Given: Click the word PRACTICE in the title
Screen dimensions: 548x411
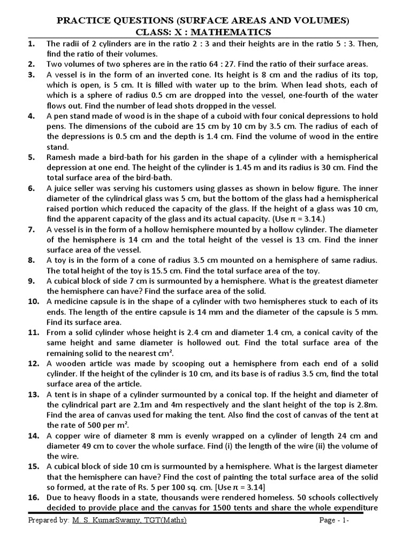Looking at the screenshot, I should tap(88, 21).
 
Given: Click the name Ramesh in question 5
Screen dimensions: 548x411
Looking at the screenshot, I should tap(63, 157).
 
